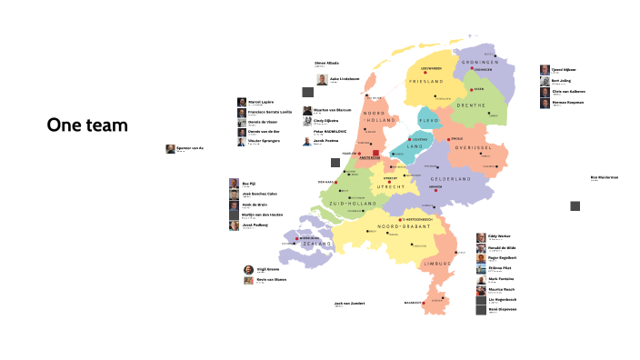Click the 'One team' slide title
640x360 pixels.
[x=87, y=125]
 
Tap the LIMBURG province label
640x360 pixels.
[x=437, y=263]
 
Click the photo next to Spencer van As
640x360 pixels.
[x=170, y=148]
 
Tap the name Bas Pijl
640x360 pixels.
[x=246, y=183]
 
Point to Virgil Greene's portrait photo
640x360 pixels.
[x=248, y=270]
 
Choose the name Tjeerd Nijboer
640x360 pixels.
[x=564, y=69]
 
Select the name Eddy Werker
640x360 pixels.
[x=498, y=236]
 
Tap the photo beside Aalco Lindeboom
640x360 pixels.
[x=322, y=80]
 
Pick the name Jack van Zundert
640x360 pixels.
[x=349, y=303]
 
